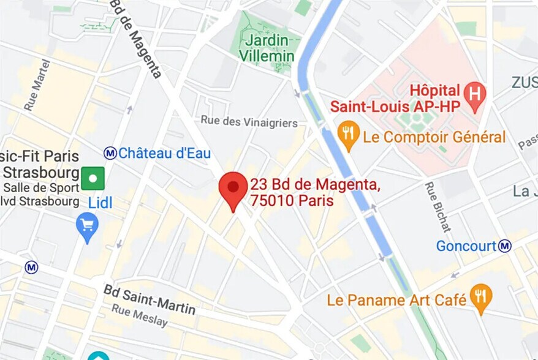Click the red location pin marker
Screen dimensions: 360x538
coord(233,189)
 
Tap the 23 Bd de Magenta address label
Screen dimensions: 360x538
coord(314,192)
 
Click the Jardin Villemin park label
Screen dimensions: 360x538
coord(267,49)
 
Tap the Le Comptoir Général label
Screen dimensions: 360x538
coord(434,137)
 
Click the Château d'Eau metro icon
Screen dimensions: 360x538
coord(110,153)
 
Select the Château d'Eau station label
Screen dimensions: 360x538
coord(164,153)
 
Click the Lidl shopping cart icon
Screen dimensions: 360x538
coord(87,227)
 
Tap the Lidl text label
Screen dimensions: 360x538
coord(100,203)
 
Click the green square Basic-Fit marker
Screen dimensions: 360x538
coord(93,178)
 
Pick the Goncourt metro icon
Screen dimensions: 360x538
coord(505,246)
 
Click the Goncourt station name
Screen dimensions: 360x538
coord(466,246)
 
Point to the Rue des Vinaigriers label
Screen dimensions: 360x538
coord(249,122)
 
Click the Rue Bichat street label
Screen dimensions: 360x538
coord(438,207)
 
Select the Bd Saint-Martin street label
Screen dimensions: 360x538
coord(149,299)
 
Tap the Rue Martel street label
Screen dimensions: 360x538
coord(37,85)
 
